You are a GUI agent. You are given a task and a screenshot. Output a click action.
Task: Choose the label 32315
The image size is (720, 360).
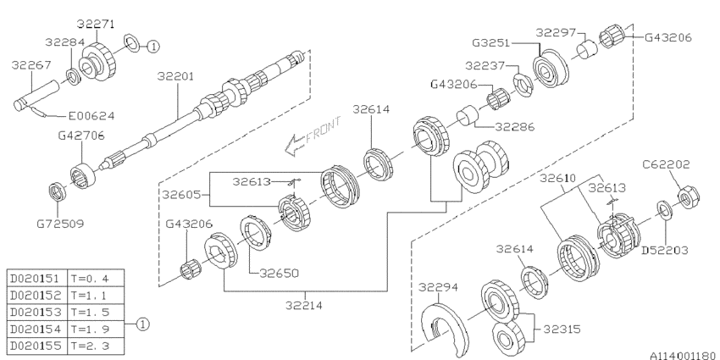(x=562, y=326)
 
